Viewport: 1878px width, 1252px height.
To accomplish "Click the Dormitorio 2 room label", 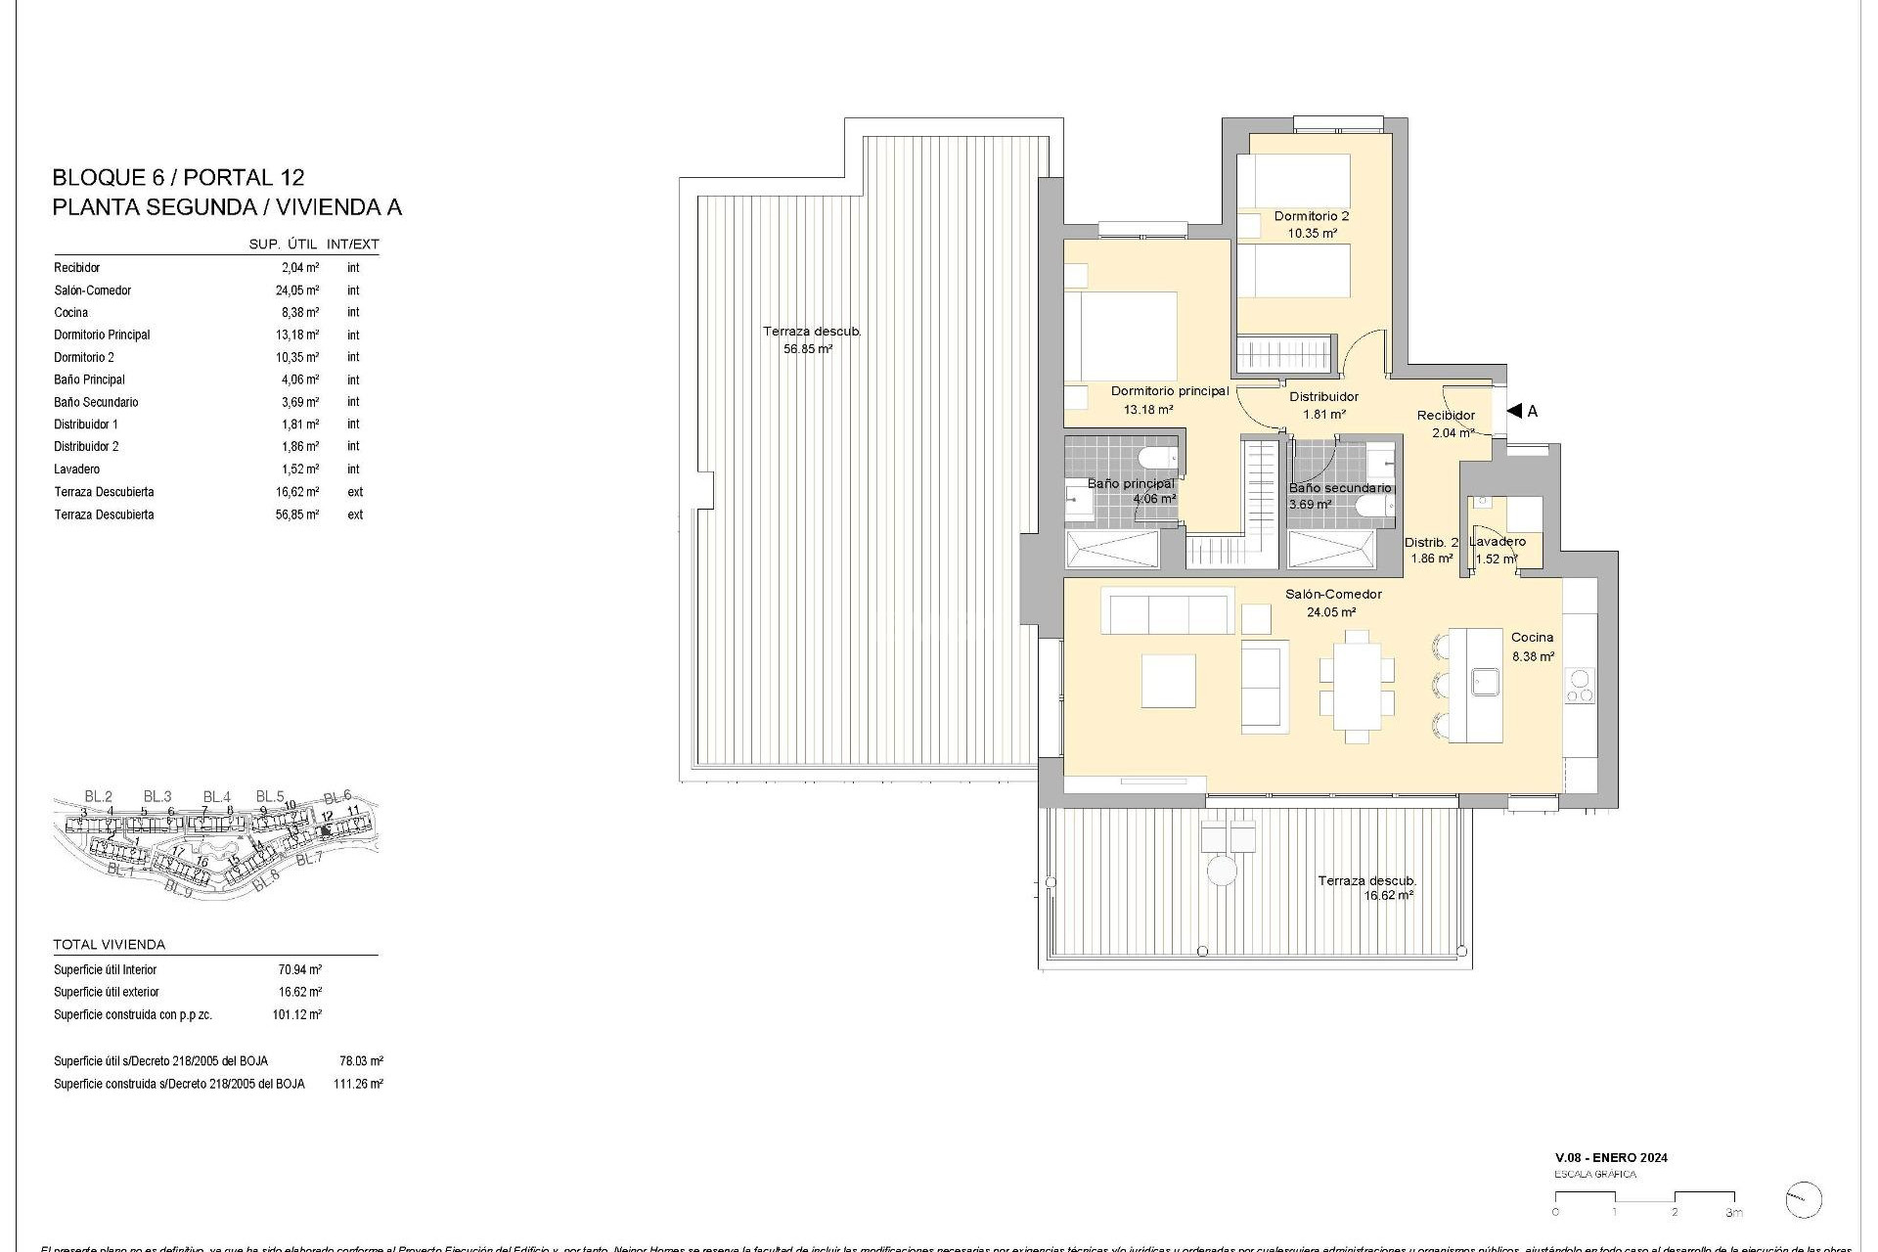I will click(1311, 216).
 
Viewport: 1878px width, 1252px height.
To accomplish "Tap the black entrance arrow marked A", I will click(1514, 412).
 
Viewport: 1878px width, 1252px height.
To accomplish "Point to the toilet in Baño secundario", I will click(1370, 506).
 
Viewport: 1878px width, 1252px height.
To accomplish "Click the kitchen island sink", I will click(1486, 681).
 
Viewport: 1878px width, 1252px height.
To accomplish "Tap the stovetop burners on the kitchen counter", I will click(1579, 686).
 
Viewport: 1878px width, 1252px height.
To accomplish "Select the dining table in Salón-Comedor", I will click(1356, 687).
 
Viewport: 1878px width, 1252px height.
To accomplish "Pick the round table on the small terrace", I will click(1221, 870).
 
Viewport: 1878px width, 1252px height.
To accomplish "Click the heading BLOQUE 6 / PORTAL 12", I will click(178, 178).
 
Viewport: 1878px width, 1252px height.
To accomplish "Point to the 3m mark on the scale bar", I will click(1734, 1213).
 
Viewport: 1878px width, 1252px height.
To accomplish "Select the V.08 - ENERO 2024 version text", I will click(1610, 1157).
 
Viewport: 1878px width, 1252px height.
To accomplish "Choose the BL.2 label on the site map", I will click(99, 796).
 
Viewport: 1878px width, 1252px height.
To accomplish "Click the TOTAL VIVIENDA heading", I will click(110, 945).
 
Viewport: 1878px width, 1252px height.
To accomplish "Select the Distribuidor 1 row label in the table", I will click(86, 425).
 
